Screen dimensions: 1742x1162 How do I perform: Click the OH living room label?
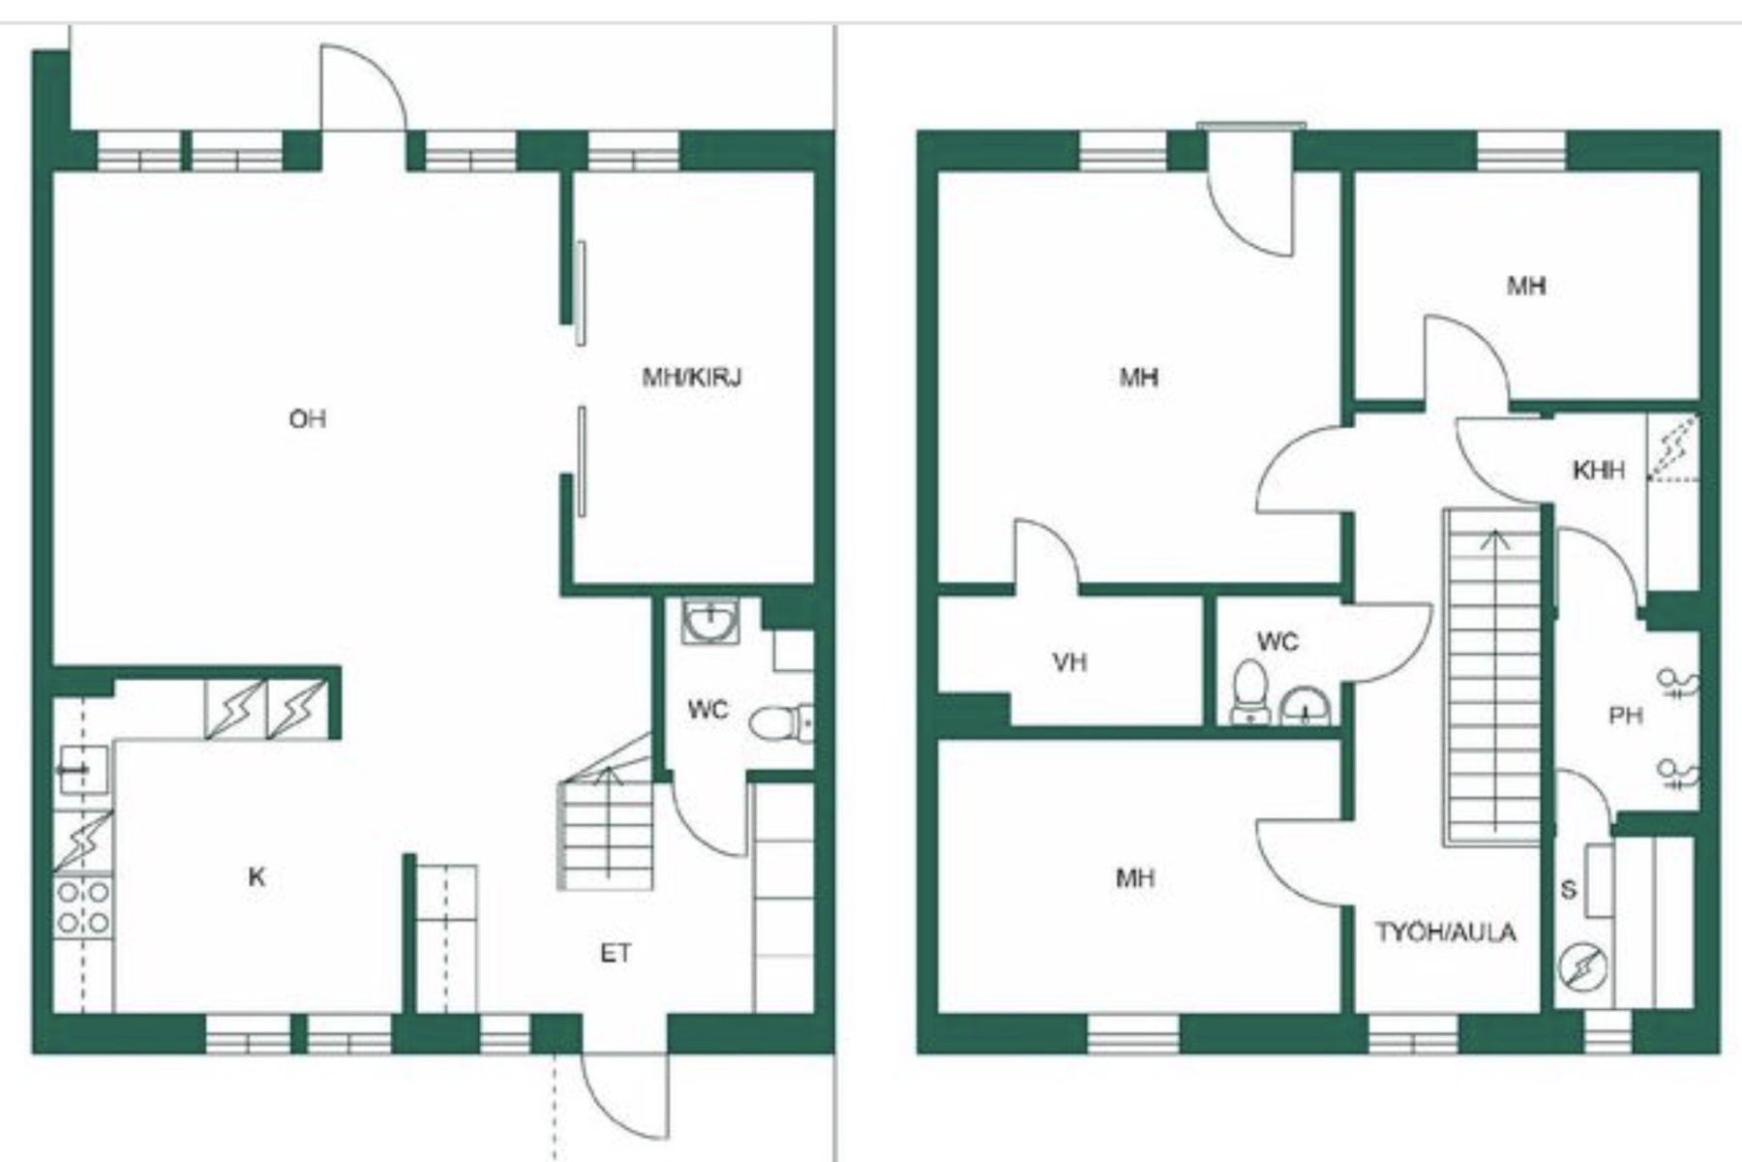coord(308,419)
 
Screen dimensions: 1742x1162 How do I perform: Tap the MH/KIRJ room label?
coord(692,377)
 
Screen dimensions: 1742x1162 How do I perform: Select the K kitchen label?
coord(256,877)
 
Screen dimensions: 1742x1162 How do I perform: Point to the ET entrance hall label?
coord(616,954)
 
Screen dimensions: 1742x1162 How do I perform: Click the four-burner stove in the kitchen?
coord(82,906)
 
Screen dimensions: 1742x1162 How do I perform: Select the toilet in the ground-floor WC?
coord(780,722)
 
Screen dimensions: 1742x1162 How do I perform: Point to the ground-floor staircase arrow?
coord(609,823)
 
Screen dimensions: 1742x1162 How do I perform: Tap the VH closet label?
coord(1069,662)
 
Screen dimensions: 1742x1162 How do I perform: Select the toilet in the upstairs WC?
coord(1249,691)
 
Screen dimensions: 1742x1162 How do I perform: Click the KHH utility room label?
coord(1598,471)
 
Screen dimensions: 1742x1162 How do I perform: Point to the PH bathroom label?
coord(1626,716)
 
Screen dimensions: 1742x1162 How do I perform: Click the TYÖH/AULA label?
coord(1446,933)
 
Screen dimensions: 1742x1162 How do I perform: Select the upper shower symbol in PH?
coord(1679,684)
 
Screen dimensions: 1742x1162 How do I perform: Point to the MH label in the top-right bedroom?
coord(1526,286)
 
